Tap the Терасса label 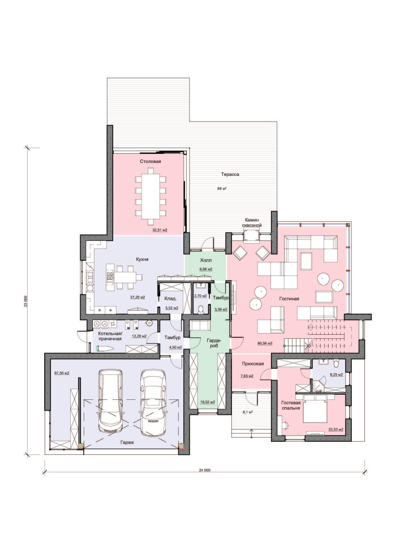pos(230,174)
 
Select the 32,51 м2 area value pos(160,230)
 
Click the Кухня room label pos(142,259)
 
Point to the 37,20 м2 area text pos(137,297)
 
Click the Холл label pos(206,260)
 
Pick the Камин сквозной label pos(252,222)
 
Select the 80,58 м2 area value pos(265,343)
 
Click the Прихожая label pos(253,364)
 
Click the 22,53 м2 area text pos(335,429)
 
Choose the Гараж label pos(127,442)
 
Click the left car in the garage pos(110,400)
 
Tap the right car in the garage pos(153,402)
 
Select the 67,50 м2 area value pos(62,373)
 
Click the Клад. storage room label pos(170,299)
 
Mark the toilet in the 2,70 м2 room pos(201,309)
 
